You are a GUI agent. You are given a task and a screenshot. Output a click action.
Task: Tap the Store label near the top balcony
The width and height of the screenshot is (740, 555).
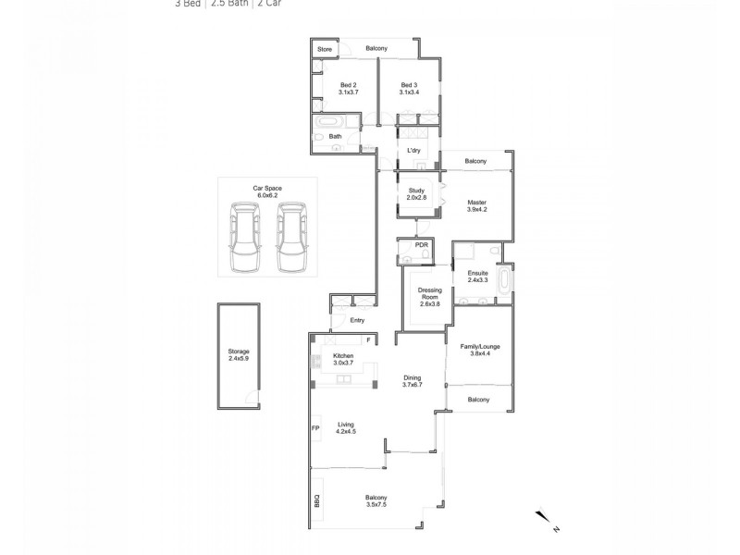pos(325,49)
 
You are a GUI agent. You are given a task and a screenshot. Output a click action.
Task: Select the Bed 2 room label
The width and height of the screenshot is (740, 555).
pos(348,89)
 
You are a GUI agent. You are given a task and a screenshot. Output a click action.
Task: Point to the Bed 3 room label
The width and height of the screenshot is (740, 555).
pos(409,89)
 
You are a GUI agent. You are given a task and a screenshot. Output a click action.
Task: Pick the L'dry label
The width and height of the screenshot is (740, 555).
pos(415,149)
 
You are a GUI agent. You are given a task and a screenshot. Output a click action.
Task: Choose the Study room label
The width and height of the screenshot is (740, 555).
pos(415,194)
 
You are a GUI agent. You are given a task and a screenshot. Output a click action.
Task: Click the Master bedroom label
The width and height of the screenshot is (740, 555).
pos(477,205)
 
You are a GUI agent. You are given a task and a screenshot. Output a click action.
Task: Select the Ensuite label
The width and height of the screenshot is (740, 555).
pos(477,276)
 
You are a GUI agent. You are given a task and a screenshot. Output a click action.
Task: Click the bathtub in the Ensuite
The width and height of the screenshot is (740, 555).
pos(505,281)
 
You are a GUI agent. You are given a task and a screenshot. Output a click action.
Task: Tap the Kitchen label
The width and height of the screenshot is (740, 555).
pos(343,359)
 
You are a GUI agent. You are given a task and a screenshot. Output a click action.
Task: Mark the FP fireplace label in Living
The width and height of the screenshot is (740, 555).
pos(315,428)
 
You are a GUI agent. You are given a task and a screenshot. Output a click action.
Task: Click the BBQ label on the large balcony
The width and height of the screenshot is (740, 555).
pos(315,501)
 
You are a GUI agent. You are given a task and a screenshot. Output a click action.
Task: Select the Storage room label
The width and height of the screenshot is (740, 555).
pos(239,354)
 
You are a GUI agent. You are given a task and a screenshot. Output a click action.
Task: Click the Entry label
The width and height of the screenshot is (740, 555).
pos(357,320)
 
